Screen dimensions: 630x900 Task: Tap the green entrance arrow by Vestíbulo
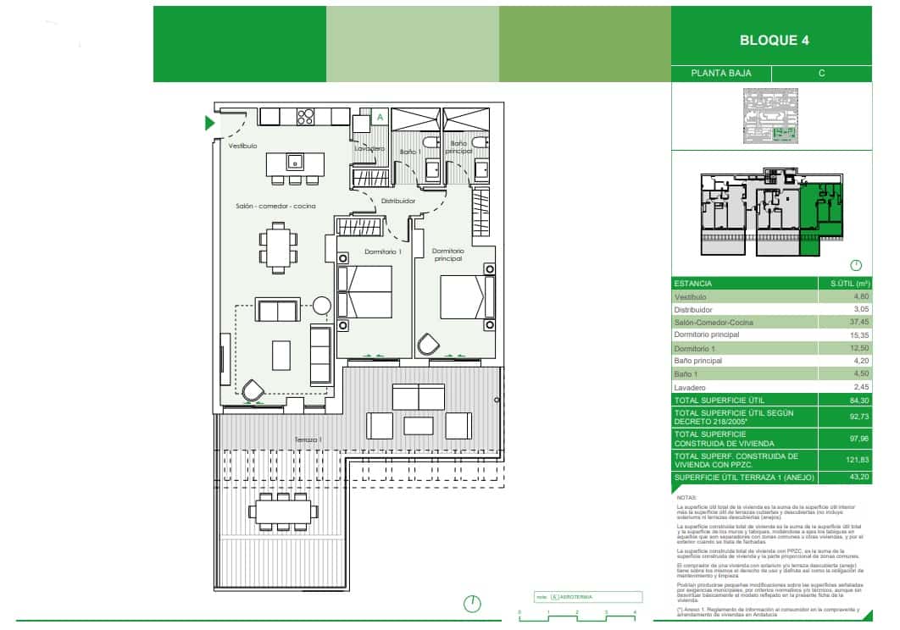coord(210,124)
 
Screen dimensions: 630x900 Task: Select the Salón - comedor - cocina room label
coord(275,207)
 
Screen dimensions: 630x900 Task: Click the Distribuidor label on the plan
coord(397,201)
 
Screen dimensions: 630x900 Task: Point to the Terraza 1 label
coord(308,439)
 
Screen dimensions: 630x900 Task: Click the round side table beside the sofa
coord(323,305)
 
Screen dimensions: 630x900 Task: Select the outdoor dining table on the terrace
coord(283,510)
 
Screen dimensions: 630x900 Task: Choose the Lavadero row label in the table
coord(692,386)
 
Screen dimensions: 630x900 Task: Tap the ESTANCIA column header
coord(693,284)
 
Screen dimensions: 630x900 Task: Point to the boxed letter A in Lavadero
coord(380,117)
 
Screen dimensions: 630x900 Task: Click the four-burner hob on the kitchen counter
coord(306,117)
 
